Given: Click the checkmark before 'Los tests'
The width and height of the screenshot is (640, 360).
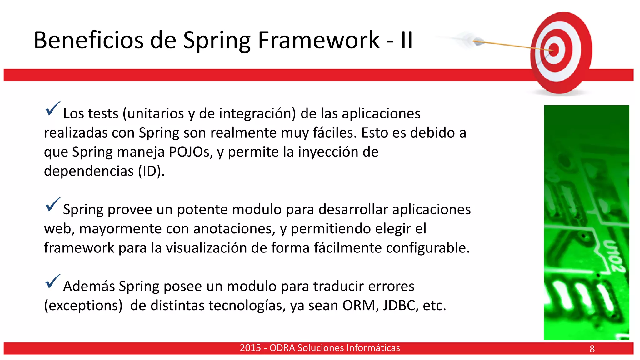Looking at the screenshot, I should pos(52,108).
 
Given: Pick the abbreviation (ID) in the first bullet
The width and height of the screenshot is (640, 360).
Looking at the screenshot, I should pos(151,171).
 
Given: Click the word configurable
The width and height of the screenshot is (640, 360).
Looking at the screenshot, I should pos(428,248).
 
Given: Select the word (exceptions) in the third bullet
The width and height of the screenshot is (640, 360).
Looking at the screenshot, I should pos(83,306).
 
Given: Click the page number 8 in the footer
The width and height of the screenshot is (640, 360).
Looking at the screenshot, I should pos(592,349).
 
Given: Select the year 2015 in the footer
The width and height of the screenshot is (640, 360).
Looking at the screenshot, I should pos(250,348).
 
